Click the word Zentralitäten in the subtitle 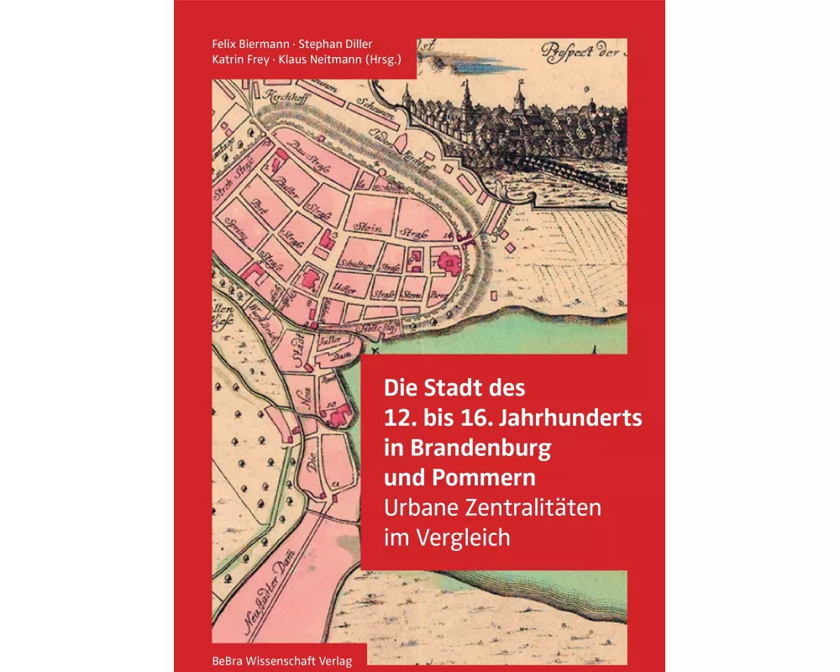(x=528, y=507)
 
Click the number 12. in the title (x=402, y=418)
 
